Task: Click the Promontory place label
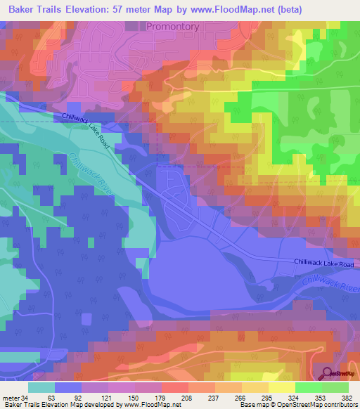[x=173, y=26]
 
